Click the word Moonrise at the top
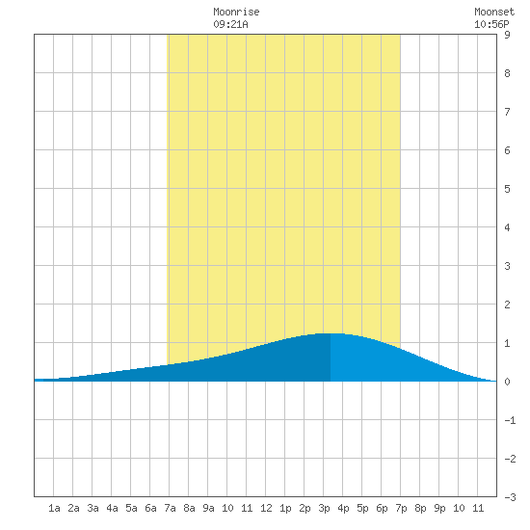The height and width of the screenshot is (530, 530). (236, 12)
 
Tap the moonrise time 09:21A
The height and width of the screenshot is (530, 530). (230, 24)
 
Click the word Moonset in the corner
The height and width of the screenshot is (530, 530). (494, 12)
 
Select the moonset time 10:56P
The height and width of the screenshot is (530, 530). (491, 24)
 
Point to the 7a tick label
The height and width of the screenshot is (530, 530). (170, 508)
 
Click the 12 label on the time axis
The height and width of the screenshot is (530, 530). (266, 508)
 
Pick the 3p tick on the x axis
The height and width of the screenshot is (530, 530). (324, 508)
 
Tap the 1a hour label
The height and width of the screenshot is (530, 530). (54, 508)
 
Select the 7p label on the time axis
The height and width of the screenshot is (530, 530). (401, 508)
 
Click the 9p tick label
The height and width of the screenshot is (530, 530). (439, 508)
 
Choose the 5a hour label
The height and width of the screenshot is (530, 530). (131, 508)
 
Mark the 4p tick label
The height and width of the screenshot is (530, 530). (343, 508)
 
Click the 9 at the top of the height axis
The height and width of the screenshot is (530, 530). (507, 35)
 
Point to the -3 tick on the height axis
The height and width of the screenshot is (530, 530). (510, 497)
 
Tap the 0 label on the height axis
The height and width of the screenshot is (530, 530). (507, 382)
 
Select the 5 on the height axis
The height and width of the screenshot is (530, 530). (507, 189)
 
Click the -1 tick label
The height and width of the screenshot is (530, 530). (510, 420)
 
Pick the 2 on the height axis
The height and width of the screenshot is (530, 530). (507, 305)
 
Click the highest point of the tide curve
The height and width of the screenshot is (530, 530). (331, 333)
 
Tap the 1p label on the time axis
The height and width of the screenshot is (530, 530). (285, 508)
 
